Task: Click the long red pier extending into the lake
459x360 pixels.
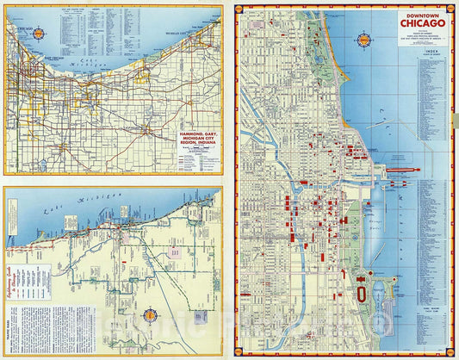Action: tap(399, 170)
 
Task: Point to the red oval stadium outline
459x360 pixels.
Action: tap(361, 294)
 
